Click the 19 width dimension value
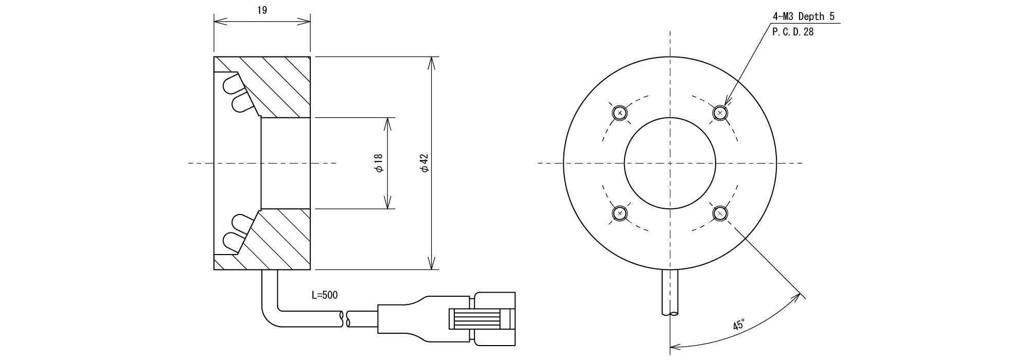[262, 10]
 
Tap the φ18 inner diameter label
[379, 164]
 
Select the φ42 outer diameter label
[424, 163]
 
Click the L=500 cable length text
[325, 295]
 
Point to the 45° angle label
[739, 325]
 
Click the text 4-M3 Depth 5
[803, 16]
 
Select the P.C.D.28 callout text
[793, 31]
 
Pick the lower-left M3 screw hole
[620, 213]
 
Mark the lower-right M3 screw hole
[720, 213]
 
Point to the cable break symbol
[345, 318]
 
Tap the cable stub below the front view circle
[670, 292]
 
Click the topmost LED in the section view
[230, 82]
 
